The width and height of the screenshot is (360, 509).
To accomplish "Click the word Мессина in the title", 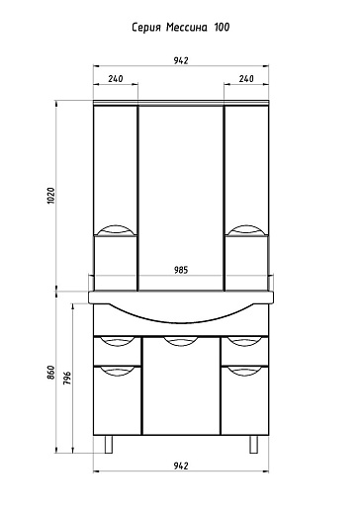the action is [x=187, y=27].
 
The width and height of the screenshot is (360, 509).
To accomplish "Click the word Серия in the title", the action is [x=146, y=28].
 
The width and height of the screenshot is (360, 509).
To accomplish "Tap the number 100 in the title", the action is [x=222, y=27].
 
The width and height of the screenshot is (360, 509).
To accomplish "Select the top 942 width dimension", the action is [x=181, y=60].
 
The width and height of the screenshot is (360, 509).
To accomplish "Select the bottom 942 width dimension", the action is [x=181, y=466].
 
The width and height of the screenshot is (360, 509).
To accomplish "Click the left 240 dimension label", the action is [x=116, y=78].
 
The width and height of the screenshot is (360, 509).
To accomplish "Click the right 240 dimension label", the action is [x=246, y=78].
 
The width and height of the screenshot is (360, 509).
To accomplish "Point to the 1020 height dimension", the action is [x=50, y=196].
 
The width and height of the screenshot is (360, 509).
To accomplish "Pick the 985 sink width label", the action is [x=181, y=270].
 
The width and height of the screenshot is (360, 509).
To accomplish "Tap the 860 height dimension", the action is [x=51, y=373].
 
